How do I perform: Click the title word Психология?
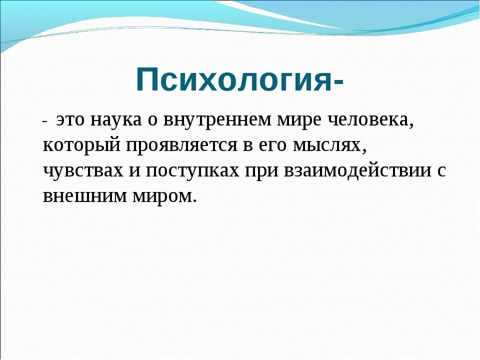233,79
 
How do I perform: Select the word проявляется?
175,145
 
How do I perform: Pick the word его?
259,146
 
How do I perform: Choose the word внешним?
79,194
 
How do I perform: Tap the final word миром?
161,194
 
